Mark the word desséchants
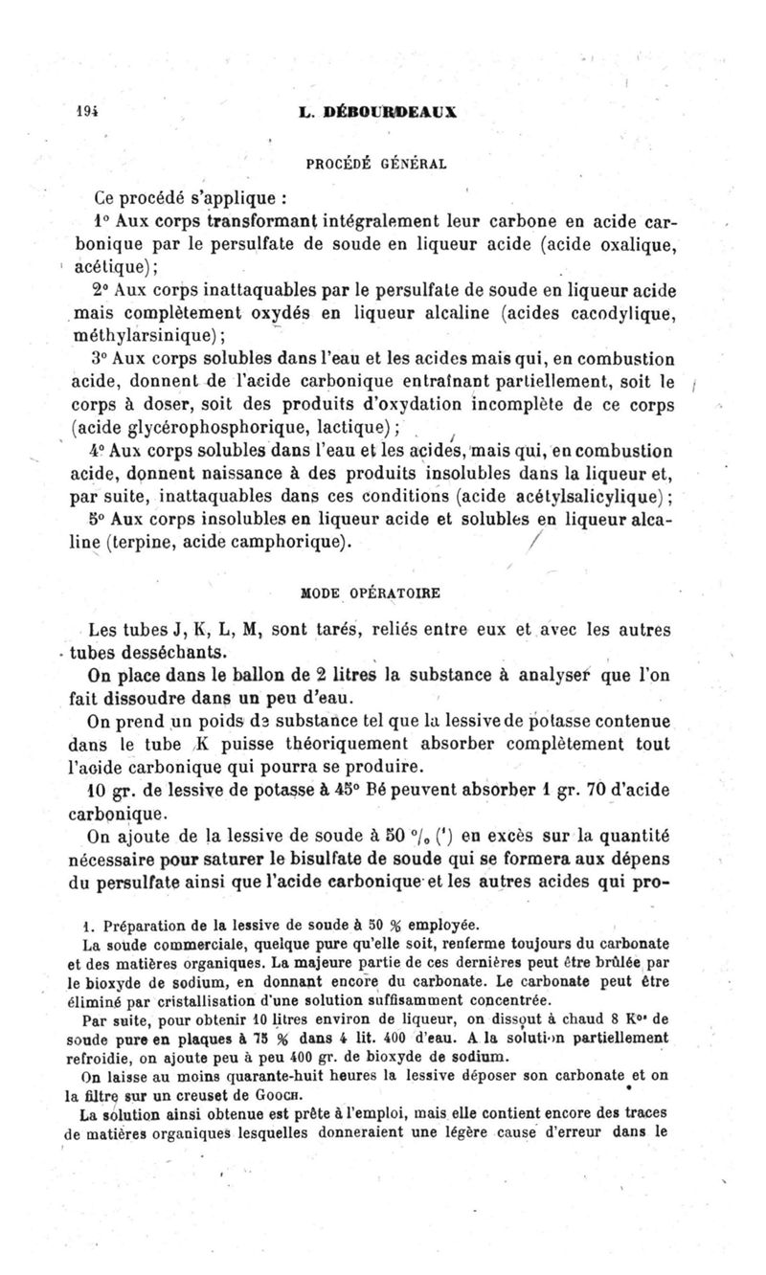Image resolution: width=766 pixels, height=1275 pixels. tap(170, 653)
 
